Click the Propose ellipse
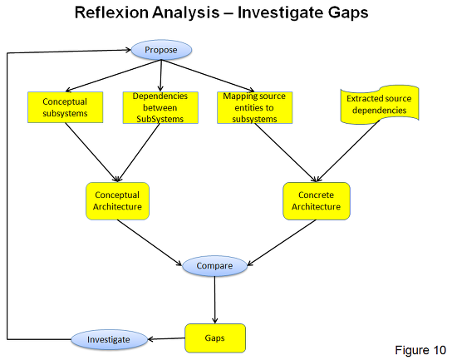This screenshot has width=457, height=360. [161, 50]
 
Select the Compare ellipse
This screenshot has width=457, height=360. [214, 266]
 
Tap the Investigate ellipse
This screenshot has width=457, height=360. [109, 339]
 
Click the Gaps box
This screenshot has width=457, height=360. [215, 338]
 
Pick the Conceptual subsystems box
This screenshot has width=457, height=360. [66, 107]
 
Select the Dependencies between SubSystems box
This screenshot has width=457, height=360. [160, 107]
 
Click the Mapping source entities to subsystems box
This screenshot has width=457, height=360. [254, 107]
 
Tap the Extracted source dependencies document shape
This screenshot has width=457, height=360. [380, 105]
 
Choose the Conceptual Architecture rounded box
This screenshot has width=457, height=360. [117, 201]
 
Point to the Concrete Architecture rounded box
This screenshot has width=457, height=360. [317, 201]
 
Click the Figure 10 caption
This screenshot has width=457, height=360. [420, 350]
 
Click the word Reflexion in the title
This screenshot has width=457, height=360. [111, 12]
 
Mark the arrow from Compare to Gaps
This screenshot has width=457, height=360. [215, 299]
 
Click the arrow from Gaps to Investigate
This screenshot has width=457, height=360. [166, 338]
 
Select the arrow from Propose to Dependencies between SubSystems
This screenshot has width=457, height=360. [160, 76]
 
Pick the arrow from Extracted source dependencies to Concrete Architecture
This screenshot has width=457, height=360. [347, 151]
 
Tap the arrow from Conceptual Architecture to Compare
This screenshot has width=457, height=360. [150, 243]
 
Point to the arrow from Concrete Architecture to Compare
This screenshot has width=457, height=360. [282, 243]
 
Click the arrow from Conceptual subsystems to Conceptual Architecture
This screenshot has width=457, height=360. [91, 152]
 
